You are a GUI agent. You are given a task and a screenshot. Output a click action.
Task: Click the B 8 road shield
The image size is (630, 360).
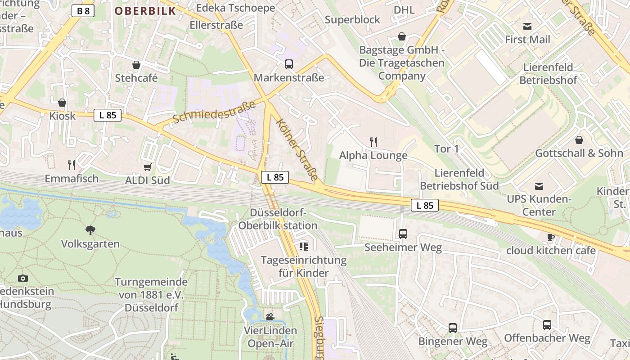(x=83, y=11)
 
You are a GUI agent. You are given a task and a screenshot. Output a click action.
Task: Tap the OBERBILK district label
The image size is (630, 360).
(x=145, y=11)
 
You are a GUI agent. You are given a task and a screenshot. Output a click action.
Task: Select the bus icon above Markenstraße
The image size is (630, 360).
(x=289, y=64)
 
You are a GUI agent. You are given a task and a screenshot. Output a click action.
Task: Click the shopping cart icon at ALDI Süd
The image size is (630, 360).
(x=147, y=167)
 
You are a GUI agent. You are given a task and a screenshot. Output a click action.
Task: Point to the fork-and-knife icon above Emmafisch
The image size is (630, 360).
(x=71, y=165)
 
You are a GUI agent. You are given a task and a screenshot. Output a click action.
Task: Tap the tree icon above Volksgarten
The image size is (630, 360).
(x=90, y=230)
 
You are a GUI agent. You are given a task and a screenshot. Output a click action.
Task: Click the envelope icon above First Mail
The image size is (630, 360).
(x=527, y=27)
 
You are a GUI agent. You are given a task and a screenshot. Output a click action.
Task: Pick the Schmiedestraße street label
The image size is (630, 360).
(x=214, y=112)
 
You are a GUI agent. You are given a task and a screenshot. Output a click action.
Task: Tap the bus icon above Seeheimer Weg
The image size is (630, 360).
(x=403, y=234)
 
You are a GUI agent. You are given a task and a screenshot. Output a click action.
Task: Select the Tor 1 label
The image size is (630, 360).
(x=446, y=148)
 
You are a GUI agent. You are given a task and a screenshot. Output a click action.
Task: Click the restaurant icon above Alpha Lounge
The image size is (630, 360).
(x=373, y=142)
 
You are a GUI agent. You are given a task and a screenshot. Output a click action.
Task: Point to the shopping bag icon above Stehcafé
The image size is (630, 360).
(x=136, y=65)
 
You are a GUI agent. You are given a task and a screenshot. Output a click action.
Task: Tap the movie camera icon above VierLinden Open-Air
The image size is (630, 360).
(x=270, y=317)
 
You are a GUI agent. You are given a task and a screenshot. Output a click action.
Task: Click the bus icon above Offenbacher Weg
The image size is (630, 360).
(x=547, y=325)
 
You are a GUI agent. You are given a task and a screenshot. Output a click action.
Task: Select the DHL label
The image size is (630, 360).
(x=404, y=10)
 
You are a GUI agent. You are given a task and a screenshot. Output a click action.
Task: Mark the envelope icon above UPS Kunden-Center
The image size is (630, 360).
(x=539, y=186)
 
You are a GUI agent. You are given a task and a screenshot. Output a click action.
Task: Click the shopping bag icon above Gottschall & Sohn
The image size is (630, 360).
(x=579, y=140)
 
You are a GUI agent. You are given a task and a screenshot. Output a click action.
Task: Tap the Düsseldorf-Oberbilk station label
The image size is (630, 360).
(x=278, y=219)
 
